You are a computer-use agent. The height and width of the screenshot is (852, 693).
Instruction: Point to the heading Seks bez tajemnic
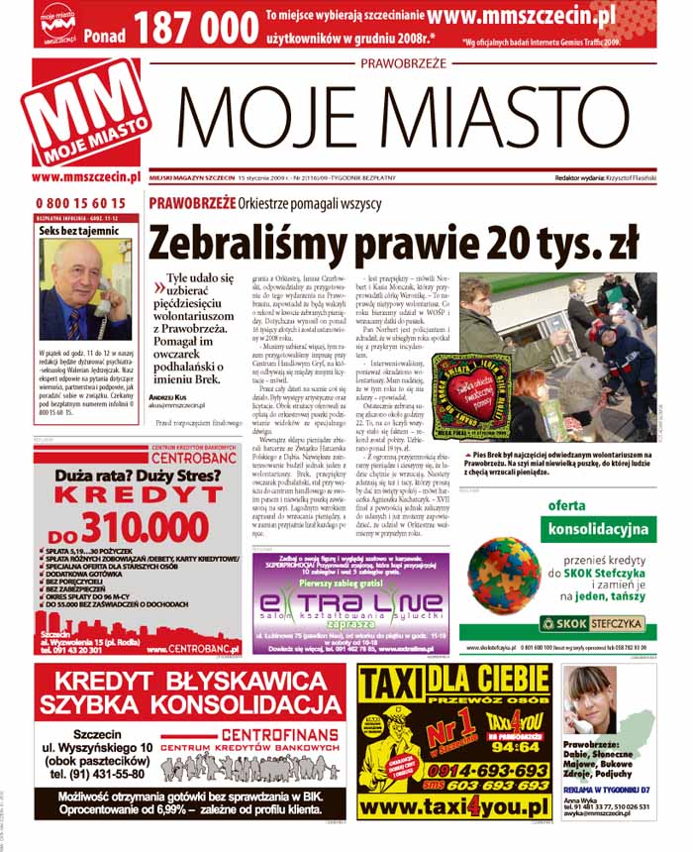[78, 230]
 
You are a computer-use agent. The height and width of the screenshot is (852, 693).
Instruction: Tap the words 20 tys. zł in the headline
[541, 242]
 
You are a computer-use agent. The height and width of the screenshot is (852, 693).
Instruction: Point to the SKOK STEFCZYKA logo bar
[592, 623]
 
